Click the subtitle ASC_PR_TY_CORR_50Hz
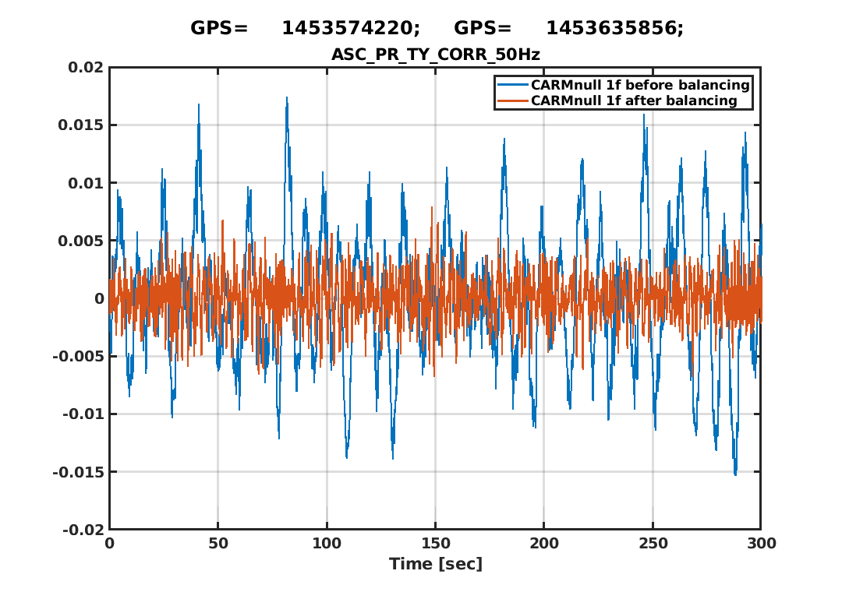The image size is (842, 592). (x=436, y=54)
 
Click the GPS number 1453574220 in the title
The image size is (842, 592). (x=350, y=29)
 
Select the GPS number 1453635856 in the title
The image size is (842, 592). (x=614, y=29)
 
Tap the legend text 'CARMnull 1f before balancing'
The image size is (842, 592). (x=640, y=85)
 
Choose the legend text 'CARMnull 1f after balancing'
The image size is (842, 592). (x=634, y=101)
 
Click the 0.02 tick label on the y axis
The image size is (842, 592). (x=86, y=68)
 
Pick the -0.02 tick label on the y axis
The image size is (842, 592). (x=83, y=530)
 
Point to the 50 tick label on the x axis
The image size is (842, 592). (x=218, y=544)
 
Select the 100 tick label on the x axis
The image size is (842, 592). (x=327, y=544)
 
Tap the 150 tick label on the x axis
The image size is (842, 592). (x=435, y=544)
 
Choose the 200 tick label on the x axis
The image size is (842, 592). (x=543, y=544)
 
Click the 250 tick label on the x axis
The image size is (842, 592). (x=652, y=544)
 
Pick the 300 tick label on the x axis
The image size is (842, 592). (x=760, y=544)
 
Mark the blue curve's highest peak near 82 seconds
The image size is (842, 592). (x=287, y=98)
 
